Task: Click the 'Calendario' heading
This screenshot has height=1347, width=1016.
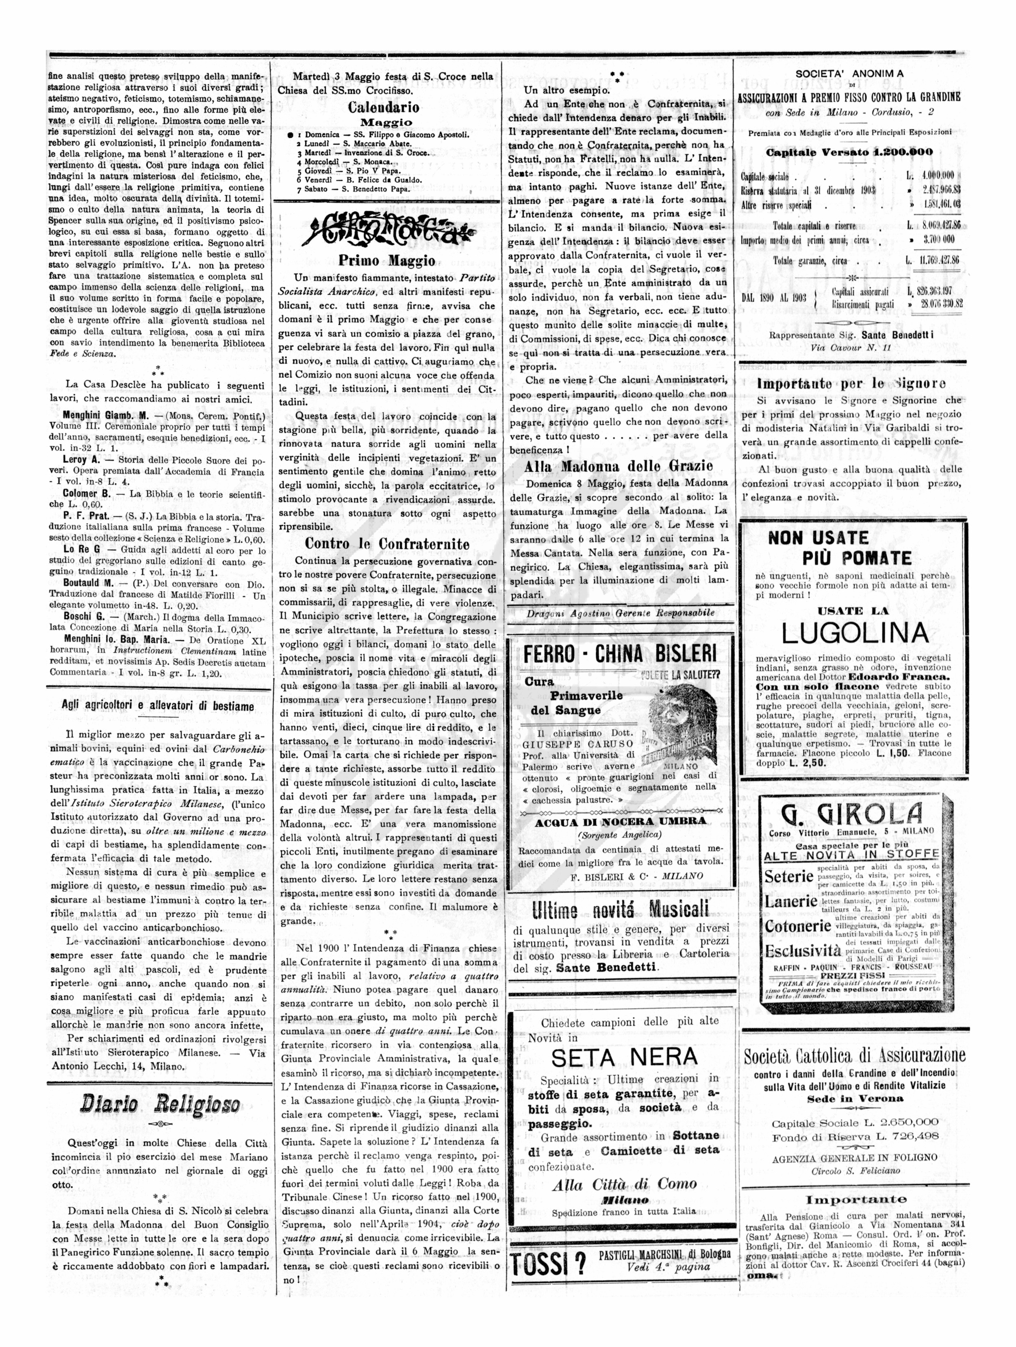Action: coord(384,108)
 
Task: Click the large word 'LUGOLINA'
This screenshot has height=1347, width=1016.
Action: coord(855,633)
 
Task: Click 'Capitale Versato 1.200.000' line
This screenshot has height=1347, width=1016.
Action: coord(849,152)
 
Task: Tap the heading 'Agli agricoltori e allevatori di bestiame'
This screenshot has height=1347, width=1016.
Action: coord(158,706)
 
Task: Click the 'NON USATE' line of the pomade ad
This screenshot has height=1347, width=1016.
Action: coord(818,538)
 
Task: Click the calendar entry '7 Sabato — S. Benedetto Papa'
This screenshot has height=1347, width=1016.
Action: coord(357,189)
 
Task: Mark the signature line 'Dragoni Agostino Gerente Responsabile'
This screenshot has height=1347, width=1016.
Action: coord(620,613)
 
